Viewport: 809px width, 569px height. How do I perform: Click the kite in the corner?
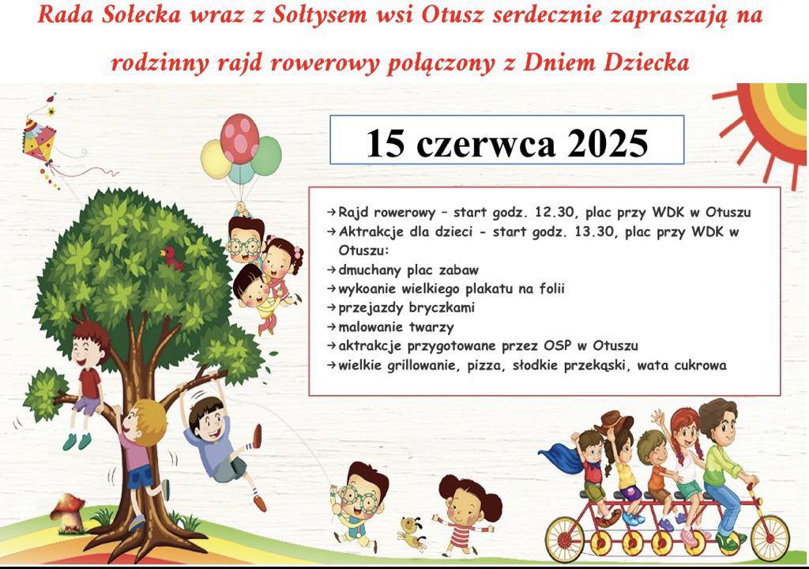click(40, 139)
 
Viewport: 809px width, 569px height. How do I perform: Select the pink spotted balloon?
click(239, 138)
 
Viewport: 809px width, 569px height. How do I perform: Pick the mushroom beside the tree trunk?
click(68, 512)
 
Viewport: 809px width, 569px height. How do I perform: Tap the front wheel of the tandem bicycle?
click(769, 537)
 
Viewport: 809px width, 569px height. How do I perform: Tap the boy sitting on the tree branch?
click(88, 381)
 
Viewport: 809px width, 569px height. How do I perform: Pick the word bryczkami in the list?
click(442, 308)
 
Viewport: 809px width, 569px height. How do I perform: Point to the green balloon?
click(266, 156)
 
